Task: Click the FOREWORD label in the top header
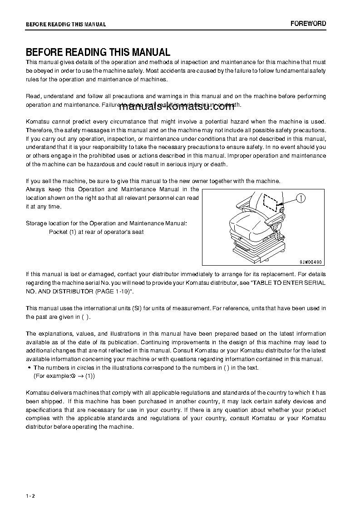[308, 24]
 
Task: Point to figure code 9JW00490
[311, 262]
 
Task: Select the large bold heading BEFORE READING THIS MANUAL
[98, 52]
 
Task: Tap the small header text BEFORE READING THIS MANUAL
[66, 25]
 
